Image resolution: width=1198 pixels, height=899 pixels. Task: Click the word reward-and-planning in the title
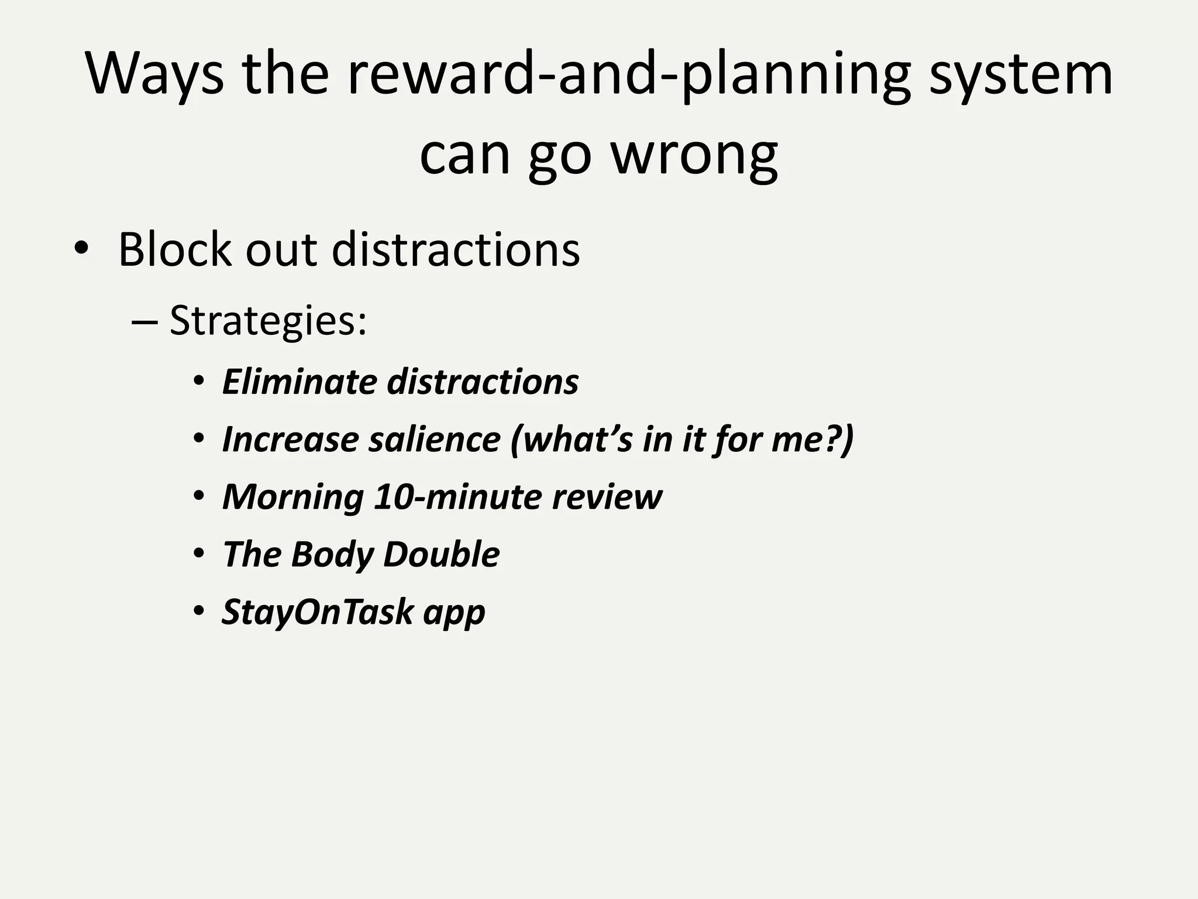pyautogui.click(x=628, y=74)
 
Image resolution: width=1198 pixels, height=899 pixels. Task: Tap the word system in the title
pyautogui.click(x=1021, y=74)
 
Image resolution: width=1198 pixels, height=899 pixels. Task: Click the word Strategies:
pyautogui.click(x=268, y=321)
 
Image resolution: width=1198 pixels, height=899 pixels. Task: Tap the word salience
pyautogui.click(x=435, y=439)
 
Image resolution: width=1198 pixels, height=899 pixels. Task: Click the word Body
pyautogui.click(x=332, y=554)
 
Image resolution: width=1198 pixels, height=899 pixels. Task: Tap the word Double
pyautogui.click(x=442, y=554)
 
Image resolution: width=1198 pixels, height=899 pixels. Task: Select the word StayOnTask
pyautogui.click(x=318, y=612)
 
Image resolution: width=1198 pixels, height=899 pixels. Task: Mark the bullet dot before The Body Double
pyautogui.click(x=199, y=554)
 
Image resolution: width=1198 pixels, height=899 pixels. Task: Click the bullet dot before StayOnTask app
pyautogui.click(x=199, y=611)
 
